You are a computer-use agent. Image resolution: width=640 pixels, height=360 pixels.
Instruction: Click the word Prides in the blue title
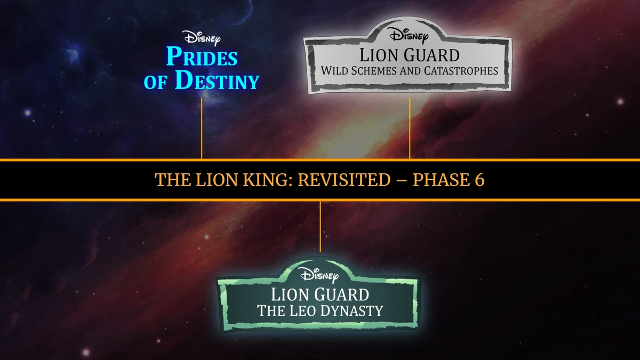[202, 57]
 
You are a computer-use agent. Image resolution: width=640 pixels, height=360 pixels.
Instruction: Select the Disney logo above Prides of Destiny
[202, 38]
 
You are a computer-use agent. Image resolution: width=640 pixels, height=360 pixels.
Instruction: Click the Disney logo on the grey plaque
[409, 36]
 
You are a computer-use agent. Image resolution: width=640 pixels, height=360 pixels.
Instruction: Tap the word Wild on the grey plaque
[335, 70]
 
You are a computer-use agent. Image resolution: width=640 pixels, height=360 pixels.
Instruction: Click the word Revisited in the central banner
[344, 180]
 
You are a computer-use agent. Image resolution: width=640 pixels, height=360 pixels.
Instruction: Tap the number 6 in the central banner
[479, 180]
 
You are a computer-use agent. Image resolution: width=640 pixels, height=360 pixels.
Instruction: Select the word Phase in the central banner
[439, 180]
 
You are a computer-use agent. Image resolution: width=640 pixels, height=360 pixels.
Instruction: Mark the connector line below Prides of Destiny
[202, 128]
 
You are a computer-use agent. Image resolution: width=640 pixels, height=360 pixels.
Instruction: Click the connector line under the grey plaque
[410, 128]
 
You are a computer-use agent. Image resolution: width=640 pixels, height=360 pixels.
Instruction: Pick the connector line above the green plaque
[320, 227]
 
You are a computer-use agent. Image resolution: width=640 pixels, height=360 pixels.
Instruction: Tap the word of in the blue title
[156, 83]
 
